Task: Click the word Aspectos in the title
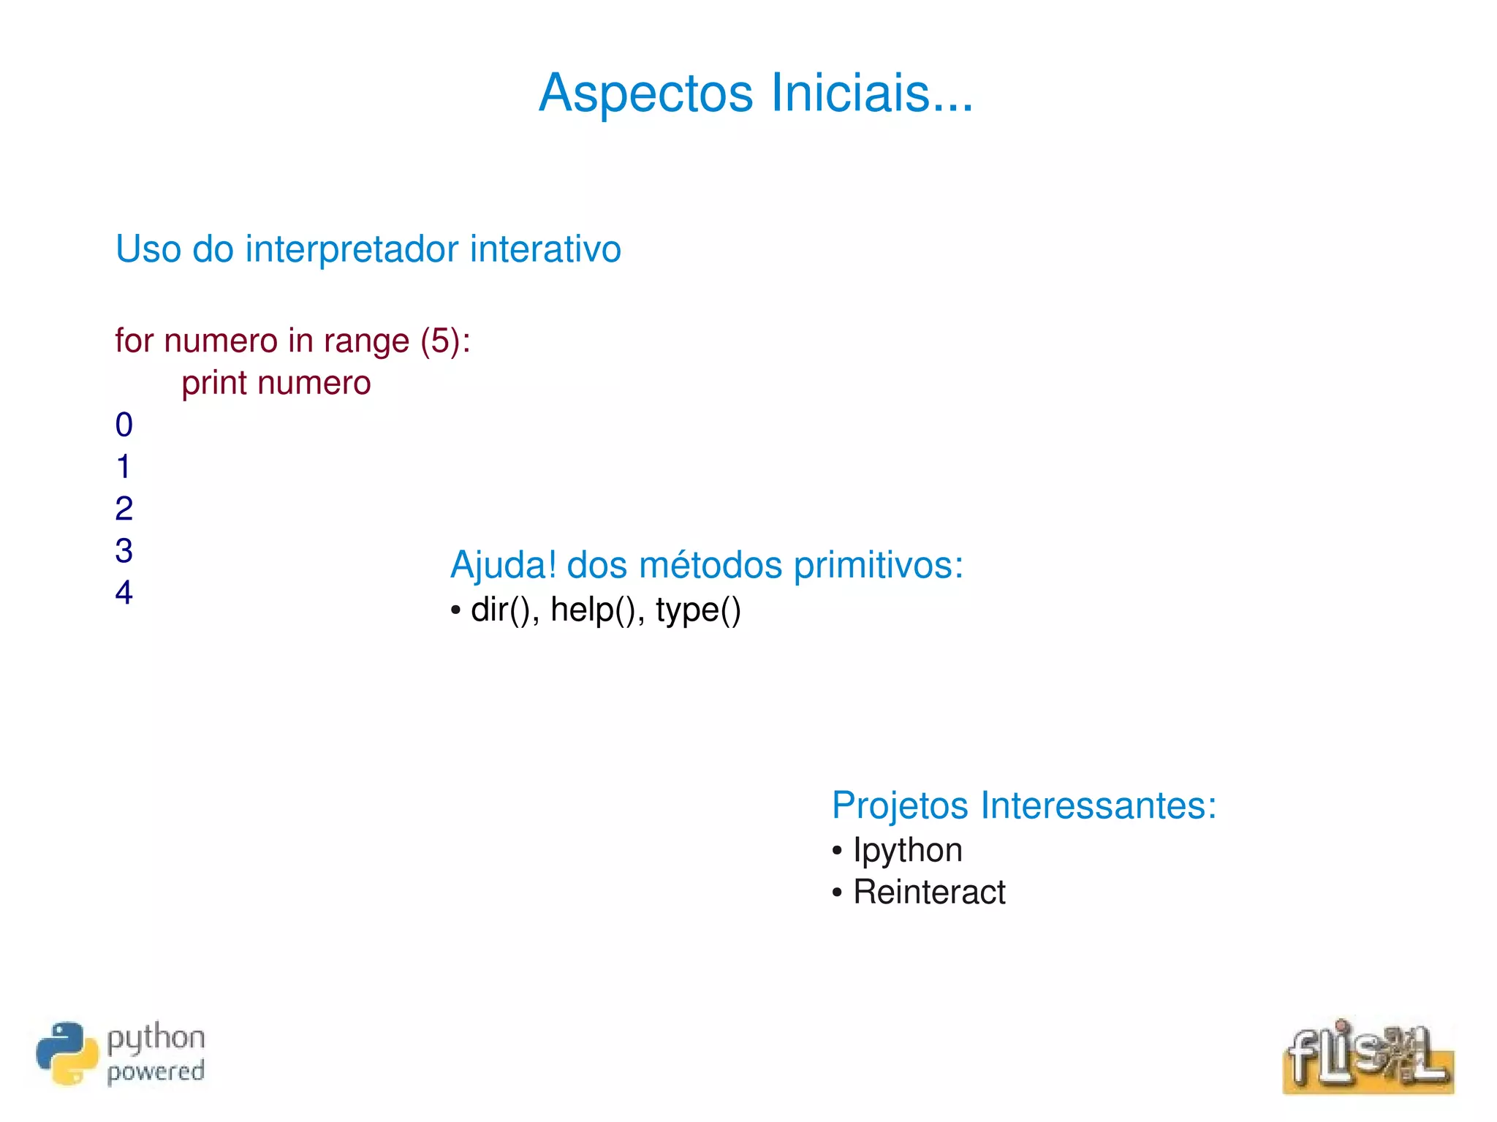pyautogui.click(x=645, y=94)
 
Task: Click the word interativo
pyautogui.click(x=545, y=249)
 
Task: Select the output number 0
pyautogui.click(x=124, y=425)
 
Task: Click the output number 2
pyautogui.click(x=124, y=509)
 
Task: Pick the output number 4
pyautogui.click(x=124, y=592)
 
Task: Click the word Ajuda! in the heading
pyautogui.click(x=503, y=565)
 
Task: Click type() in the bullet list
pyautogui.click(x=698, y=610)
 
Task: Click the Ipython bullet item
pyautogui.click(x=907, y=850)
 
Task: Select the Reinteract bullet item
pyautogui.click(x=929, y=892)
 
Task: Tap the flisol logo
pyautogui.click(x=1368, y=1056)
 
